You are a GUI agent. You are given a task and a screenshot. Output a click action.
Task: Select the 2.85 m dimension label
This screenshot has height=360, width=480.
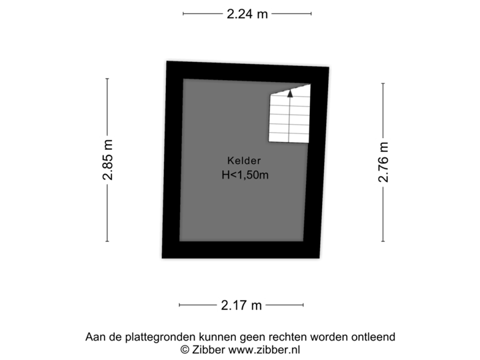point(107,159)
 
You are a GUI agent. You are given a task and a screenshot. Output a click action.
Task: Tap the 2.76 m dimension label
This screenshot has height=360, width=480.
point(383,161)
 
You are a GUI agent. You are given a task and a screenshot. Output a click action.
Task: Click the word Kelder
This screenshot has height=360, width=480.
point(244,161)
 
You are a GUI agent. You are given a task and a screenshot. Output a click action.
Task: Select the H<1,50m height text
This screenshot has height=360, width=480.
point(245,175)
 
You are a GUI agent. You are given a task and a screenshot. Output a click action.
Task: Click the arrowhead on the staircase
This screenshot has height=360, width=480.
point(290,94)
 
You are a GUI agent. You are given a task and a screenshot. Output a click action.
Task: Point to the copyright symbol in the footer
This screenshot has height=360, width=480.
point(185,349)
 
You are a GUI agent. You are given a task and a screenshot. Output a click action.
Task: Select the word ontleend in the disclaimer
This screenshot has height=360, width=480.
point(375,337)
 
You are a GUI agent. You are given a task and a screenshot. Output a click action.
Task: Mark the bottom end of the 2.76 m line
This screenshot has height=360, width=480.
point(383,241)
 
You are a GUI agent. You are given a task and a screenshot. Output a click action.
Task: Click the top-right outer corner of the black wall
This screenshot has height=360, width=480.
point(331,65)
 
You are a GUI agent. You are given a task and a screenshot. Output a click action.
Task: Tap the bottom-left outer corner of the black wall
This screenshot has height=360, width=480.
point(159,259)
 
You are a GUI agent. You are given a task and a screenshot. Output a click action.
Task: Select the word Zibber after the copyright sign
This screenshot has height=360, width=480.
point(208,349)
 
